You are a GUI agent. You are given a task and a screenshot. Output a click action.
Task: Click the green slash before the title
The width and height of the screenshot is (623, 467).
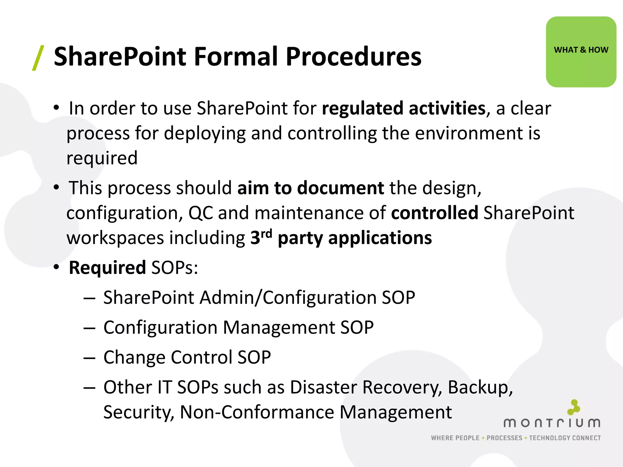pyautogui.click(x=38, y=58)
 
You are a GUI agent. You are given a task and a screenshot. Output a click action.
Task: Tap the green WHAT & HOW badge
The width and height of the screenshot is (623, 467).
pyautogui.click(x=581, y=52)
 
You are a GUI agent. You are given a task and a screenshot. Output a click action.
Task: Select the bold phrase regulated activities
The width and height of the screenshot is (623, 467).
pyautogui.click(x=404, y=108)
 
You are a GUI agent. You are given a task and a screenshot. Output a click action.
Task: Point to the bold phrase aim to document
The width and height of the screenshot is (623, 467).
pyautogui.click(x=310, y=188)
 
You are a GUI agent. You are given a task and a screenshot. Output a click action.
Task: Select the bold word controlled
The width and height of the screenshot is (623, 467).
pyautogui.click(x=434, y=213)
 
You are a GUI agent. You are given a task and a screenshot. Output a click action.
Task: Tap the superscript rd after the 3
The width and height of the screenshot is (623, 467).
pyautogui.click(x=266, y=233)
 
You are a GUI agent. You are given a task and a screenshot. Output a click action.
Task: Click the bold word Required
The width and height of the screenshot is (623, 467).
pyautogui.click(x=107, y=268)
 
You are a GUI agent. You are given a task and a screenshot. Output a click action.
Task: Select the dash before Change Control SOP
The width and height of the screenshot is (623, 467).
pyautogui.click(x=89, y=358)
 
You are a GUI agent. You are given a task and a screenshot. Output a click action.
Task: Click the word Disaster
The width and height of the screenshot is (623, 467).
pyautogui.click(x=323, y=388)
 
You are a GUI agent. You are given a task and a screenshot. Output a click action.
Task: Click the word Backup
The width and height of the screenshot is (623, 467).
pyautogui.click(x=480, y=388)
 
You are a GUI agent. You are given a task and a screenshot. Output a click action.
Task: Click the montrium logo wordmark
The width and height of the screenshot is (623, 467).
pyautogui.click(x=552, y=423)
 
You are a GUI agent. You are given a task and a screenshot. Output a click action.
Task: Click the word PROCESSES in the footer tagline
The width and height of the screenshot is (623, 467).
pyautogui.click(x=504, y=438)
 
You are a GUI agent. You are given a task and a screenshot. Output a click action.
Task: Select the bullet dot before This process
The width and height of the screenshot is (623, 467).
pyautogui.click(x=56, y=187)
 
